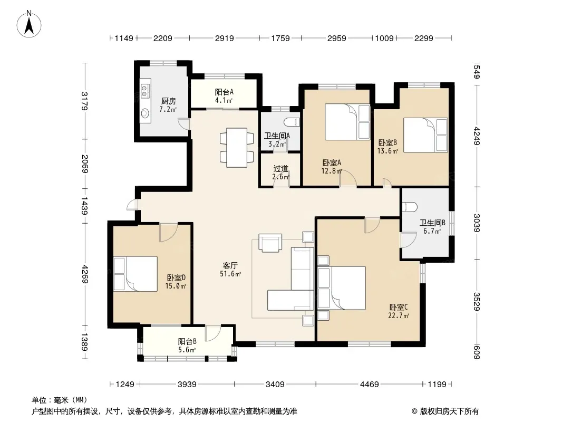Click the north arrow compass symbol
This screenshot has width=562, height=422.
(28, 24)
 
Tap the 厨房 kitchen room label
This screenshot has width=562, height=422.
(169, 101)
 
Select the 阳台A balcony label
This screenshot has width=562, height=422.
(224, 92)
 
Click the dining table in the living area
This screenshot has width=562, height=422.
(237, 147)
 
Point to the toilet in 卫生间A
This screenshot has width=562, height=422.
(293, 121)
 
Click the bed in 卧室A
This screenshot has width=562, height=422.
(347, 122)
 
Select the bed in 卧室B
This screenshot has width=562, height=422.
(425, 135)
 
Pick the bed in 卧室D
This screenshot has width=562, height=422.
(135, 274)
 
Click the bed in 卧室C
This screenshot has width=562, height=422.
(342, 288)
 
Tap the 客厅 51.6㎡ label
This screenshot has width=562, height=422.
(230, 270)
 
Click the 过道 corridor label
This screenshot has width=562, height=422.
(280, 168)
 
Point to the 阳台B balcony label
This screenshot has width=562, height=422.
(187, 342)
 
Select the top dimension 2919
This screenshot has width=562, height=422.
(225, 38)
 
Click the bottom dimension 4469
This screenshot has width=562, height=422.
(370, 385)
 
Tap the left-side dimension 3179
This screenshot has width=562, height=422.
(85, 101)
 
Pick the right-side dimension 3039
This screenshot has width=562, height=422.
(477, 223)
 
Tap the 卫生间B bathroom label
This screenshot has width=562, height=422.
(433, 223)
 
